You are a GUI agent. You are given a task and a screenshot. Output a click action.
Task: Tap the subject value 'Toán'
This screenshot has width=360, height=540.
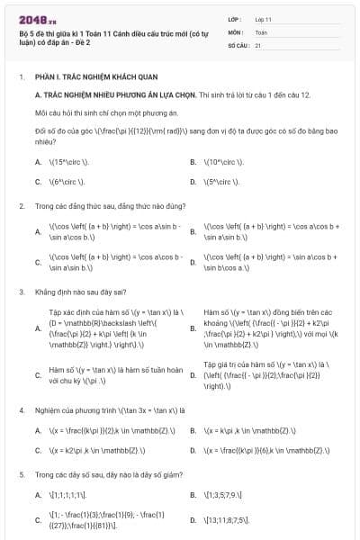point(262,31)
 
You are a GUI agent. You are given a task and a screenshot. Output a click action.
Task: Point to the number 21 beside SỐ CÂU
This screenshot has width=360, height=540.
point(258,44)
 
